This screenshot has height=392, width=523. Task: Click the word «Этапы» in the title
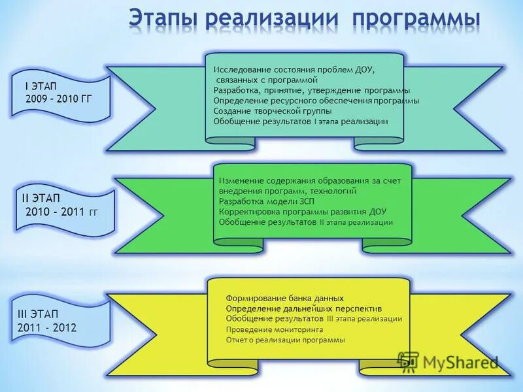(x=163, y=18)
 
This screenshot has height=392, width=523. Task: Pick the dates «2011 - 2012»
(x=47, y=327)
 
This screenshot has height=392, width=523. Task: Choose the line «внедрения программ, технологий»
(x=288, y=191)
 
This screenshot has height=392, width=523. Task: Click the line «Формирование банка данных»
(x=284, y=298)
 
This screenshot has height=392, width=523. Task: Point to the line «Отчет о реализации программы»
(x=285, y=340)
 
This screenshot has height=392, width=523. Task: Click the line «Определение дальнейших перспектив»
(x=304, y=308)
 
